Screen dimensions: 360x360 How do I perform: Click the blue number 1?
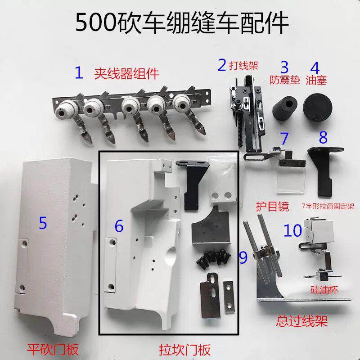point(79,72)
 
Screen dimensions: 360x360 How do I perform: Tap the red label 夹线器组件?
point(126,74)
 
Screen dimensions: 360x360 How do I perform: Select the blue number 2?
point(222,65)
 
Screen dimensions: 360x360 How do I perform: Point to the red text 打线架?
point(243,66)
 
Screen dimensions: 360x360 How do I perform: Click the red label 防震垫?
point(285,80)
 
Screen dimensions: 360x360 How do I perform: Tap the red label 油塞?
point(316,80)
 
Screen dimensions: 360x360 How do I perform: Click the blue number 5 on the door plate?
point(43,223)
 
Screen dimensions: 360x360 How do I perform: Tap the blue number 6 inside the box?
point(119,226)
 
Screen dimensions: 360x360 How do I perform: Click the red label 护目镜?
point(273,206)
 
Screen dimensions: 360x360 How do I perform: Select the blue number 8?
point(323,137)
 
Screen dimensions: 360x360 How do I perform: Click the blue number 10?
point(293,230)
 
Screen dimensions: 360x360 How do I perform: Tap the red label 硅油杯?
point(324,290)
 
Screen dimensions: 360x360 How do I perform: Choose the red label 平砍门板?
point(53,349)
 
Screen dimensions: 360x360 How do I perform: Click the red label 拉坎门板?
point(184,350)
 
